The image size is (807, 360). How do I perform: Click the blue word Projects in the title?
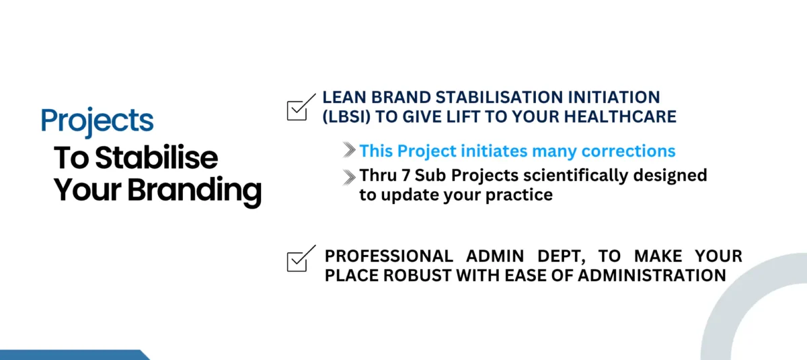98,121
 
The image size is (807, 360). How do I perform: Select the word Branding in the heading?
194,191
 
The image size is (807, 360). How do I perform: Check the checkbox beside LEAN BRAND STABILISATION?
301,108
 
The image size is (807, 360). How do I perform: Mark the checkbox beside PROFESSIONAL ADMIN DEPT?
301,258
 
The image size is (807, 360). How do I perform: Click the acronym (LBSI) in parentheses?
346,117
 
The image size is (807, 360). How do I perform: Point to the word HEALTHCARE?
620,117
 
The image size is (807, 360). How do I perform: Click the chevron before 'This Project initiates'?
349,150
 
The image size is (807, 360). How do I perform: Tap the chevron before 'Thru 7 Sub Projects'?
349,177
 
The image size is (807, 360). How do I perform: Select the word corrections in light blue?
628,151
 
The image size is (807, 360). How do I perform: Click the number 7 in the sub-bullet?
406,176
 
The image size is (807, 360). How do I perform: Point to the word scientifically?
576,176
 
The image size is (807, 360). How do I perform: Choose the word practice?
519,196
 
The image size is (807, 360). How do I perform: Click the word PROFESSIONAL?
389,256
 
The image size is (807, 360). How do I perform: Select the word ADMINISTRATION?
652,276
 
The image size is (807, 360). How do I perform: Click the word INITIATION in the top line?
614,98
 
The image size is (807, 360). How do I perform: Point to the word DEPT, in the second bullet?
562,257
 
